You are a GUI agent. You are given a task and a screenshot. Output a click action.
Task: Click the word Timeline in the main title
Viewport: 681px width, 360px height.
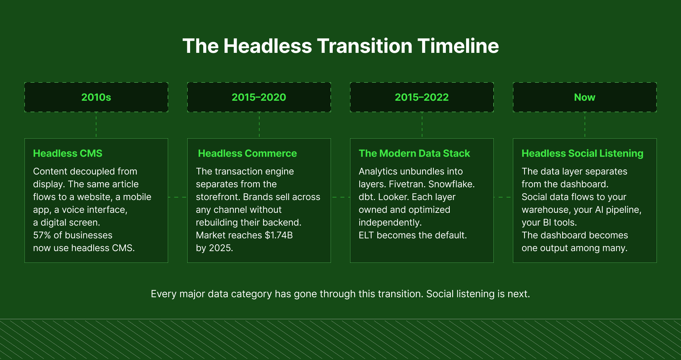458,46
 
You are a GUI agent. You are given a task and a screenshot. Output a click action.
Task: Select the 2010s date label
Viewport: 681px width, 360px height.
96,97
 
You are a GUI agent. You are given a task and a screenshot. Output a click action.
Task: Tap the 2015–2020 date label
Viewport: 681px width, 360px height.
259,97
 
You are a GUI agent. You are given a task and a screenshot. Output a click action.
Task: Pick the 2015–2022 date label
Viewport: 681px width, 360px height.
422,97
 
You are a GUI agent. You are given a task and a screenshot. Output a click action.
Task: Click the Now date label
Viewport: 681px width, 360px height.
585,97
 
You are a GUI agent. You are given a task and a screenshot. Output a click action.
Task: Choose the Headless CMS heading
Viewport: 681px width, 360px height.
68,153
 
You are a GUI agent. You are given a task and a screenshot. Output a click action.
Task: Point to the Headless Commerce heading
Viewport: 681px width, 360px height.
247,153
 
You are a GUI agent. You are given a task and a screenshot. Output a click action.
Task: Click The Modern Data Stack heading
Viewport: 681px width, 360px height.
414,153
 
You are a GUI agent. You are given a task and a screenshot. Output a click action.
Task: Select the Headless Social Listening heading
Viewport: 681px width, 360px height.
582,153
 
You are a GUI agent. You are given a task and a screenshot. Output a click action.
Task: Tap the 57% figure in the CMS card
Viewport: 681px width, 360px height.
42,235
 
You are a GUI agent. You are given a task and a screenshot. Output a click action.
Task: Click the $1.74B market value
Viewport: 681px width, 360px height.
279,235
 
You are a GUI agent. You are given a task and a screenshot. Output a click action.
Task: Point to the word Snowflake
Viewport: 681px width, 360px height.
451,184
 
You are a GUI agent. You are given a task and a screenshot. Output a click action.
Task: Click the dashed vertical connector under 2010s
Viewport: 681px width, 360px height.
96,125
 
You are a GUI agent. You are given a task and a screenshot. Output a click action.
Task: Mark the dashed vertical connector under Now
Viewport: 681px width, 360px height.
585,125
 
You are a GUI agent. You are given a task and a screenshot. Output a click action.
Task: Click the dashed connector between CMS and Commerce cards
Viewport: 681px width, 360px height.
177,197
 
